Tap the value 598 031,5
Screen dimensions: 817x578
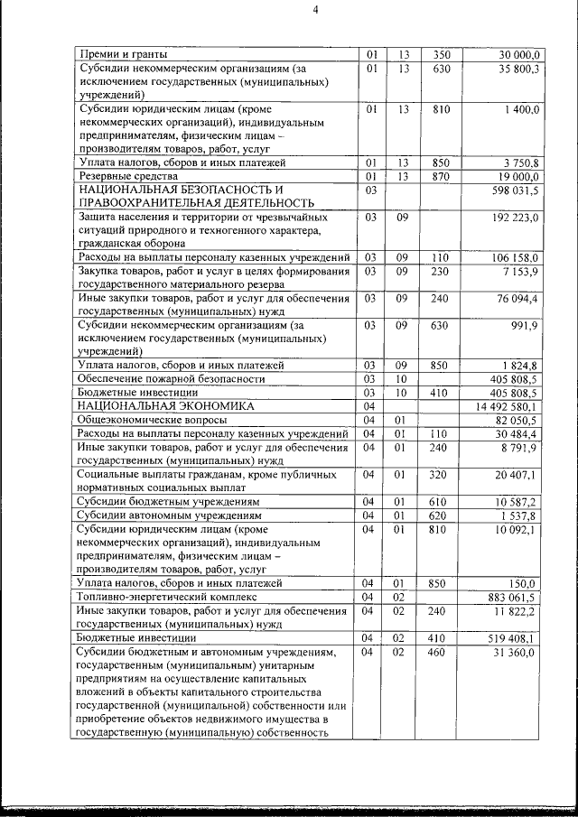click(x=516, y=190)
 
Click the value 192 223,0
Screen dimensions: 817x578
click(x=516, y=218)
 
